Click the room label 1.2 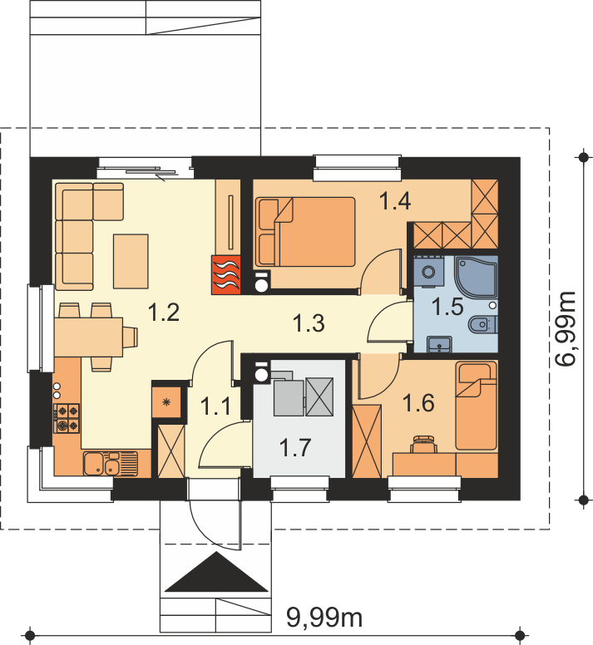click(x=163, y=312)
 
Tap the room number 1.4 click(x=395, y=201)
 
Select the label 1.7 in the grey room click(x=295, y=447)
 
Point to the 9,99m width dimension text click(x=324, y=618)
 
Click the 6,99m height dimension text click(x=565, y=328)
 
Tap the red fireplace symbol click(x=226, y=275)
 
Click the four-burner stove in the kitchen click(x=67, y=418)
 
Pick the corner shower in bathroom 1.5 click(x=476, y=277)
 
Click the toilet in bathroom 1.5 click(x=482, y=324)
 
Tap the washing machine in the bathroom click(x=429, y=272)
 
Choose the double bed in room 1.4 click(x=305, y=232)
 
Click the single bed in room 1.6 click(x=477, y=406)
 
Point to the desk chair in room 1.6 click(x=424, y=444)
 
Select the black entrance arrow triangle click(x=216, y=572)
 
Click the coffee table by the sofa click(x=131, y=261)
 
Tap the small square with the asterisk click(x=166, y=402)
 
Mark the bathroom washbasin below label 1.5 click(x=439, y=344)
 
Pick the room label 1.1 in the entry click(x=215, y=406)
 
